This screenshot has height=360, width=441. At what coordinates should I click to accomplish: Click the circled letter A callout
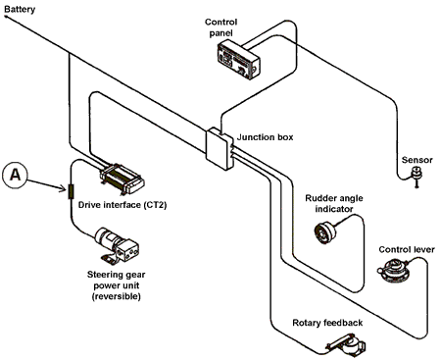coord(15,176)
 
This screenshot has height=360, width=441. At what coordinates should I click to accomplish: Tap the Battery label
coord(20,9)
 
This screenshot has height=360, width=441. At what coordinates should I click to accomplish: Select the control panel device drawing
coord(239,60)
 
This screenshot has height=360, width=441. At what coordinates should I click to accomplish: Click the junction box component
coord(220,148)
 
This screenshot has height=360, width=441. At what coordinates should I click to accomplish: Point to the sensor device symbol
coord(416,176)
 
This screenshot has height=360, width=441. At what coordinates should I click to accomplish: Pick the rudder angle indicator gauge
coord(325,231)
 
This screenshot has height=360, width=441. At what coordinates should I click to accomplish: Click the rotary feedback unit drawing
coord(346,345)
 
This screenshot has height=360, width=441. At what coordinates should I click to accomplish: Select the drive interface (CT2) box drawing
coord(122,180)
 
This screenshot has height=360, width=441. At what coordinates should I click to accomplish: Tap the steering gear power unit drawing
coord(117,246)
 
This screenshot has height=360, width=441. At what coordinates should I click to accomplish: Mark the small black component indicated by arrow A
coord(71,191)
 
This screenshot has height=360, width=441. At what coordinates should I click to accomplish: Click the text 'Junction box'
coord(265,137)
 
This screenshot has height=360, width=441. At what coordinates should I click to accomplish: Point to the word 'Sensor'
coord(416,160)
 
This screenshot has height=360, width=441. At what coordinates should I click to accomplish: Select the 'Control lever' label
coord(407,249)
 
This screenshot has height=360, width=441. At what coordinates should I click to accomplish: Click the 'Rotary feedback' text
coord(327,323)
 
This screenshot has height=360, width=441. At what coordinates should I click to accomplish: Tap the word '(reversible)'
coord(117,296)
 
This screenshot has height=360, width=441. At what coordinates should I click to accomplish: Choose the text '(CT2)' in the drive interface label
coord(155,205)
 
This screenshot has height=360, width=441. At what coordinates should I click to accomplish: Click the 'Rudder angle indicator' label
coord(334,203)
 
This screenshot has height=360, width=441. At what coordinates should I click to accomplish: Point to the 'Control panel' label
coord(221,27)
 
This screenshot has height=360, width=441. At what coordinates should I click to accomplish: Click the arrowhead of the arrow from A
coord(64,188)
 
